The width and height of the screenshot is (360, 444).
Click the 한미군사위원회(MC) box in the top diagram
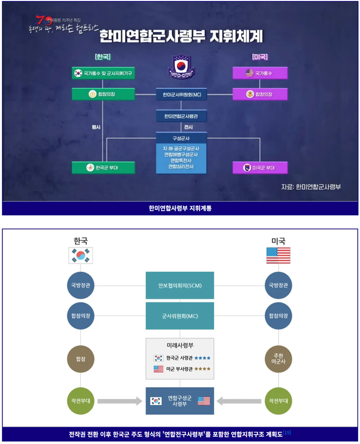pyautogui.click(x=181, y=95)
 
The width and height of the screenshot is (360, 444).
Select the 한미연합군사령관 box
pyautogui.click(x=181, y=117)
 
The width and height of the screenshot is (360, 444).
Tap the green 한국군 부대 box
pyautogui.click(x=103, y=167)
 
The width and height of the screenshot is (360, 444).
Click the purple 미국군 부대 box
pyautogui.click(x=260, y=168)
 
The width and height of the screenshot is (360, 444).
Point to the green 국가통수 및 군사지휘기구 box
pyautogui.click(x=103, y=73)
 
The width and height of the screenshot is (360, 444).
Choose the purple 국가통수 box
pyautogui.click(x=260, y=73)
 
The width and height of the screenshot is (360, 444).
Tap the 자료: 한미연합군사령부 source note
pyautogui.click(x=311, y=186)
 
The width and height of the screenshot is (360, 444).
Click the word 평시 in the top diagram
pyautogui.click(x=96, y=127)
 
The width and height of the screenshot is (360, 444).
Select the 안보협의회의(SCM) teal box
pyautogui.click(x=180, y=286)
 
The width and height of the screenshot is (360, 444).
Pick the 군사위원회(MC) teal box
pyautogui.click(x=180, y=316)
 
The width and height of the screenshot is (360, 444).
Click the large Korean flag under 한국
pyautogui.click(x=80, y=255)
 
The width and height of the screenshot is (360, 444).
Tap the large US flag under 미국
pyautogui.click(x=278, y=255)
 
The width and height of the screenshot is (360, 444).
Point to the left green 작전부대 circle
pyautogui.click(x=80, y=401)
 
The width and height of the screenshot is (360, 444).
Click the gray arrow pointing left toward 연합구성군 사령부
pyautogui.click(x=238, y=401)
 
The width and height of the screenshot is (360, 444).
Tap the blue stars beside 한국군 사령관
pyautogui.click(x=202, y=358)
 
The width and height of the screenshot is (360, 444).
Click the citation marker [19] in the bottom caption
pyautogui.click(x=287, y=433)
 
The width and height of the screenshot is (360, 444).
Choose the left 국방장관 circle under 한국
pyautogui.click(x=80, y=286)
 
